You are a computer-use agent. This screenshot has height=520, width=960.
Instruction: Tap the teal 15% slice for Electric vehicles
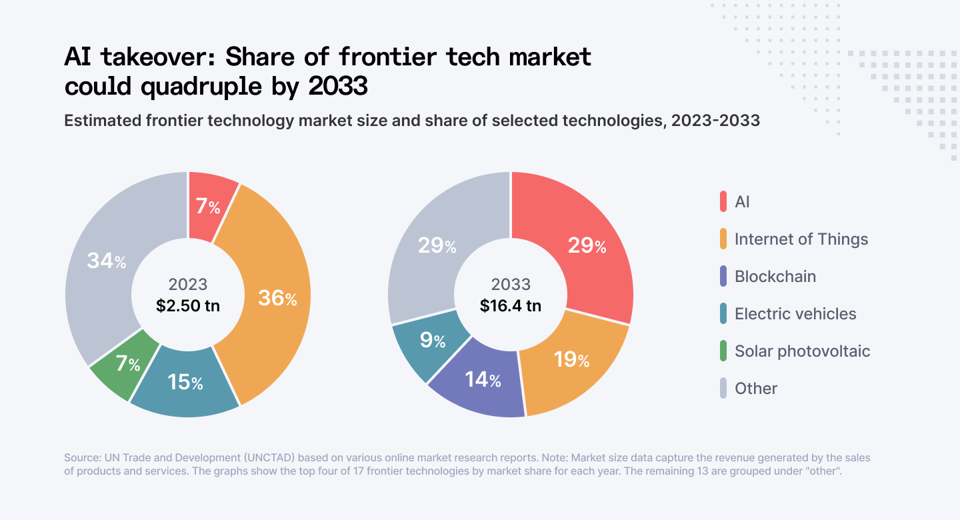coord(185,382)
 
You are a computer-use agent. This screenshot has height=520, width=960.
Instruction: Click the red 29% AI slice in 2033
coord(585,246)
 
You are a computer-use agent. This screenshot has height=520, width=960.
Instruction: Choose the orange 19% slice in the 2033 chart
coord(571,361)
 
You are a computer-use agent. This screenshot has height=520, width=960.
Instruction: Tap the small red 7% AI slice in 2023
coord(208,207)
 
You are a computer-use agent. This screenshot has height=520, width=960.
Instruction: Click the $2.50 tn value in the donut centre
coord(188,306)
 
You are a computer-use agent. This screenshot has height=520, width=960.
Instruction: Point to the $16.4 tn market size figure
coord(511,306)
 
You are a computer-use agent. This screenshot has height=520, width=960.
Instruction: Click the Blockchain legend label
coord(775,277)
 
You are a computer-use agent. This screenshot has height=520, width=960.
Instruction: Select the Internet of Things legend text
coord(801,239)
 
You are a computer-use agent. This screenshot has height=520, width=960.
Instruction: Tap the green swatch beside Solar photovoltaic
coord(723,351)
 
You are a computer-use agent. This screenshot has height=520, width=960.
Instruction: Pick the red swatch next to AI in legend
coord(723,202)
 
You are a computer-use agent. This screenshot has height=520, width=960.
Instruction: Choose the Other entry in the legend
coord(755,389)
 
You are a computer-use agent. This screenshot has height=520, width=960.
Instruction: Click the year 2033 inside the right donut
coord(511,285)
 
